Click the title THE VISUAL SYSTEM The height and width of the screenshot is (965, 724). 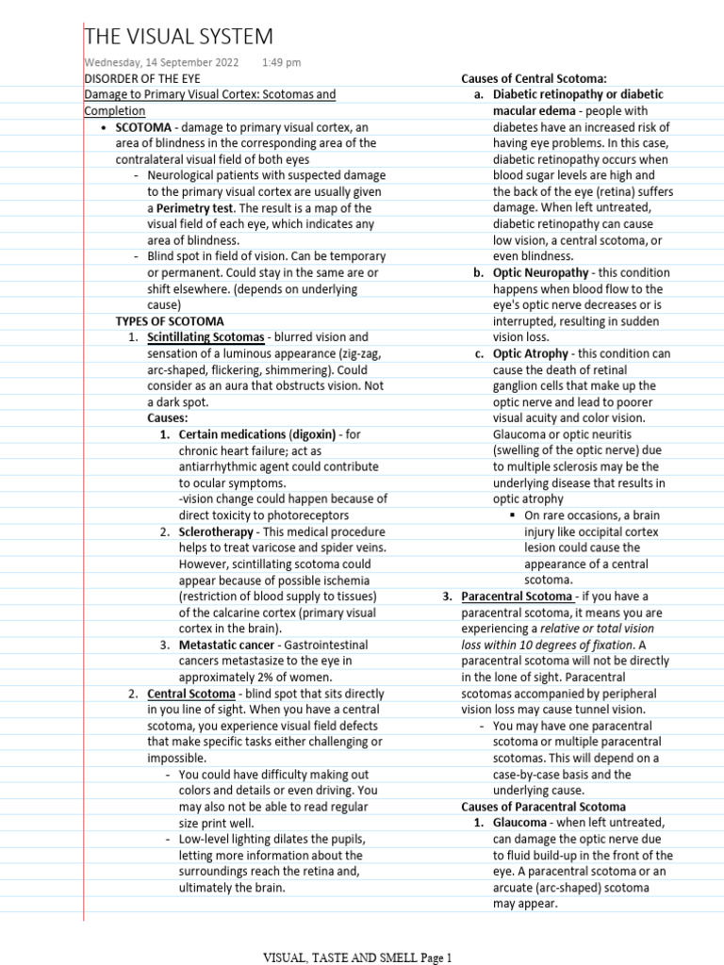point(179,37)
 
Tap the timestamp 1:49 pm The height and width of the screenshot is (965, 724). point(281,62)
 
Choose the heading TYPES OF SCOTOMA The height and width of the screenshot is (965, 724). point(170,320)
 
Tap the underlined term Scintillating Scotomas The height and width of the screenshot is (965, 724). point(206,337)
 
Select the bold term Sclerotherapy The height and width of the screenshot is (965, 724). point(216,532)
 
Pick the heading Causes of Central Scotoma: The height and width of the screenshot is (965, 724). point(534,78)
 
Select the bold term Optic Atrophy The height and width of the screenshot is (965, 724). point(531,353)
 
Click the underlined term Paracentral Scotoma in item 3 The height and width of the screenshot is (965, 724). point(517,597)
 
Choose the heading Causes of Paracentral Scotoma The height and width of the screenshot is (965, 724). point(543,807)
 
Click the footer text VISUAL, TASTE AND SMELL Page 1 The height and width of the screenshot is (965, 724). point(357,957)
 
